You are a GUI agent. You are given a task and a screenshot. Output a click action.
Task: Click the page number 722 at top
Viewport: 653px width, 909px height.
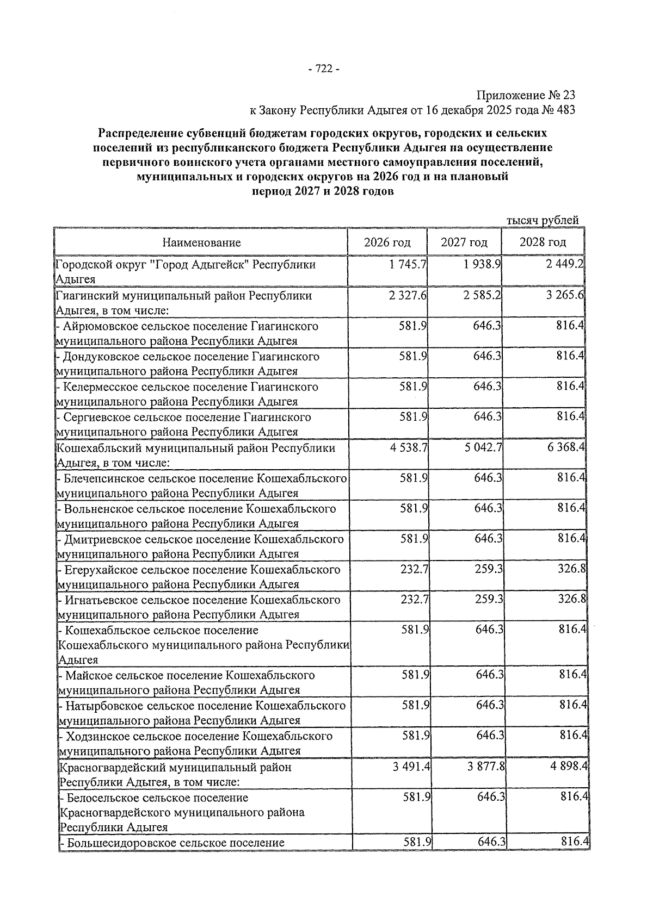point(324,69)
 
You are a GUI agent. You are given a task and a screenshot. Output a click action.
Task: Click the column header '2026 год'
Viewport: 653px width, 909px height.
point(387,242)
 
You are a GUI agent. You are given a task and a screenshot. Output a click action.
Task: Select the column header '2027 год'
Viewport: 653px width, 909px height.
point(464,242)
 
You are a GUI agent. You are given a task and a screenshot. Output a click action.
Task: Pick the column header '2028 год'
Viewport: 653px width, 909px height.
point(542,242)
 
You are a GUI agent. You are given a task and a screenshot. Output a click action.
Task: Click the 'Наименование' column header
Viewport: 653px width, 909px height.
point(201,242)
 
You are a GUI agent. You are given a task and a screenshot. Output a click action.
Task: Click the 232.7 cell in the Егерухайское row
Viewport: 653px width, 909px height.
point(414,570)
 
